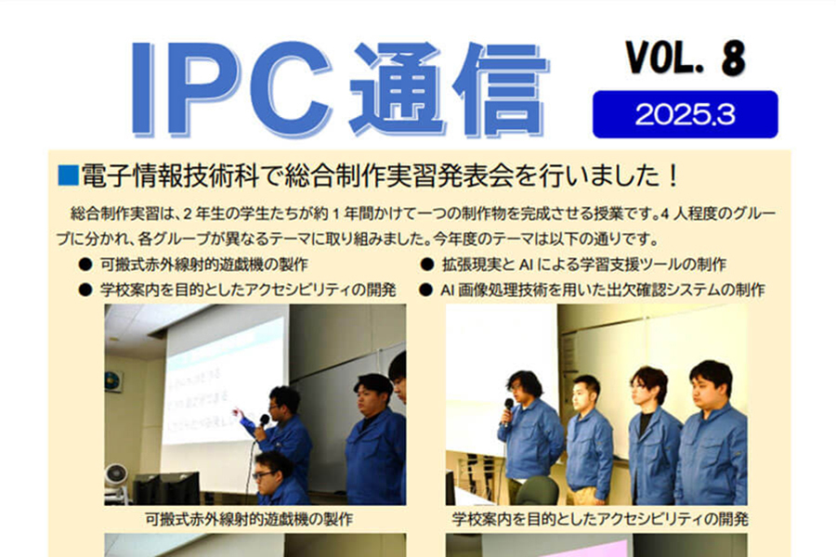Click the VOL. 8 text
point(686,58)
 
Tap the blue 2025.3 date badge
point(686,114)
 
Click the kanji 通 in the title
point(398,88)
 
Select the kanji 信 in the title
point(500,88)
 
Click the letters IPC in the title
point(231,88)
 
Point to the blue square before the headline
point(68,175)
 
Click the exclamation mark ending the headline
point(673,175)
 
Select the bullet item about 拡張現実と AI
point(584,265)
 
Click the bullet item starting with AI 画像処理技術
point(603,290)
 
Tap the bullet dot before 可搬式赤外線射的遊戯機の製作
point(85,265)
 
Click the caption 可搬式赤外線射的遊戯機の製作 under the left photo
point(249,519)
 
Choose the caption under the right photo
point(600,519)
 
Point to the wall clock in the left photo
point(113,382)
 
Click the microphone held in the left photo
point(264,421)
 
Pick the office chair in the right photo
point(536,491)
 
